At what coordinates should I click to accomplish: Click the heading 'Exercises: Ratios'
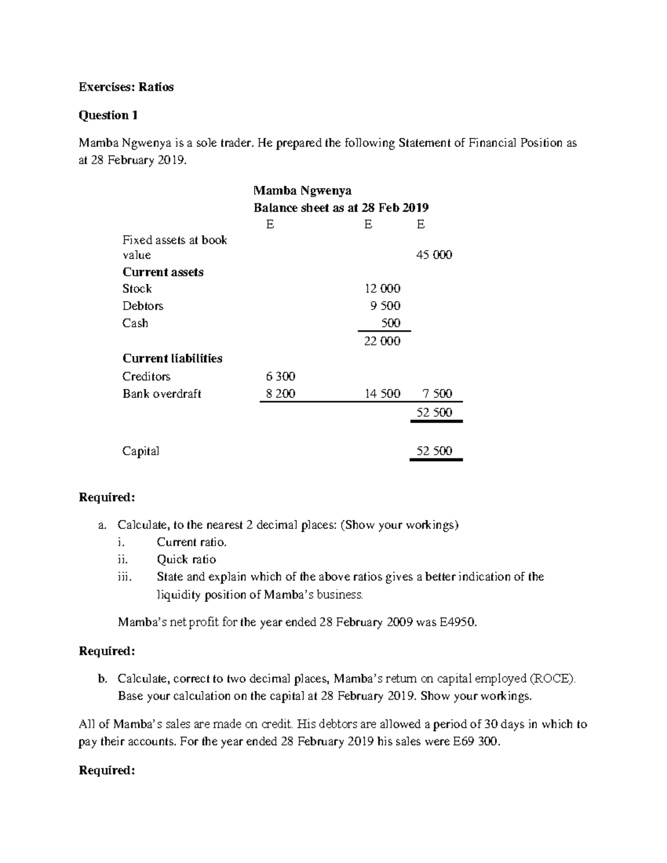pyautogui.click(x=126, y=87)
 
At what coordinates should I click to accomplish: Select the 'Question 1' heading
pyautogui.click(x=108, y=116)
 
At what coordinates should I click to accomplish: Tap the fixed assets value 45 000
pyautogui.click(x=434, y=255)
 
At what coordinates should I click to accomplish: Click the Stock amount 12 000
pyautogui.click(x=382, y=288)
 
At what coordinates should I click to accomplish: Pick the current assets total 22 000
pyautogui.click(x=382, y=341)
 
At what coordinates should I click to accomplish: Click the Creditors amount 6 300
pyautogui.click(x=281, y=376)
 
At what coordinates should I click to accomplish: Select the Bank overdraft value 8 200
pyautogui.click(x=281, y=393)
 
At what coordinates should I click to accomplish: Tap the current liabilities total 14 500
pyautogui.click(x=382, y=393)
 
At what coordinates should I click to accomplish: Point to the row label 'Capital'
pyautogui.click(x=141, y=451)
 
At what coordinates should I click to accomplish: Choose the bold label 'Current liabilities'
pyautogui.click(x=172, y=358)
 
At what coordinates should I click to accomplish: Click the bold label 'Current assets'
pyautogui.click(x=163, y=272)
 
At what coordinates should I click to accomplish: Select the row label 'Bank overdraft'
pyautogui.click(x=162, y=393)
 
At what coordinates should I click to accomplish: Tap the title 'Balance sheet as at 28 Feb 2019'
pyautogui.click(x=341, y=208)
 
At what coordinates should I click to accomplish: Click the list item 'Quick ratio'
pyautogui.click(x=186, y=560)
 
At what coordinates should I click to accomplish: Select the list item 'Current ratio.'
pyautogui.click(x=192, y=542)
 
